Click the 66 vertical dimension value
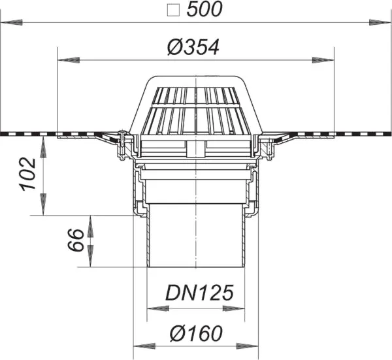pyautogui.click(x=75, y=240)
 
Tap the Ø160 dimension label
pyautogui.click(x=192, y=333)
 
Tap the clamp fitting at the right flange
pyautogui.click(x=268, y=145)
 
